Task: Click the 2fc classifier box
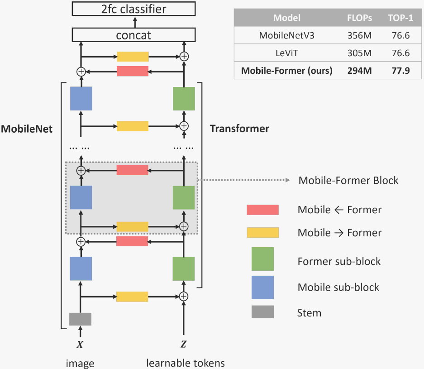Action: click(134, 9)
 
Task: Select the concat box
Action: click(134, 35)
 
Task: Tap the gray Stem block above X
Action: click(80, 319)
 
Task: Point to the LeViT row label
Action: click(286, 53)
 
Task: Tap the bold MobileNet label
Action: click(27, 129)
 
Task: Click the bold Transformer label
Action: click(239, 129)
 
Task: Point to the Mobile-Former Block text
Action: click(348, 181)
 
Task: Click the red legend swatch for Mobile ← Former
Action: click(262, 210)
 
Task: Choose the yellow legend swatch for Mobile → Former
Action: click(262, 233)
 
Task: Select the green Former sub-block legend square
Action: click(262, 259)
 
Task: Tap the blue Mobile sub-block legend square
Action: click(262, 287)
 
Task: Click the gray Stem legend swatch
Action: click(262, 312)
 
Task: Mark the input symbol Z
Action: click(183, 345)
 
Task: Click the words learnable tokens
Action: click(186, 363)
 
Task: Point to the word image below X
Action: click(80, 363)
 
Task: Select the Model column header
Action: click(286, 18)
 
